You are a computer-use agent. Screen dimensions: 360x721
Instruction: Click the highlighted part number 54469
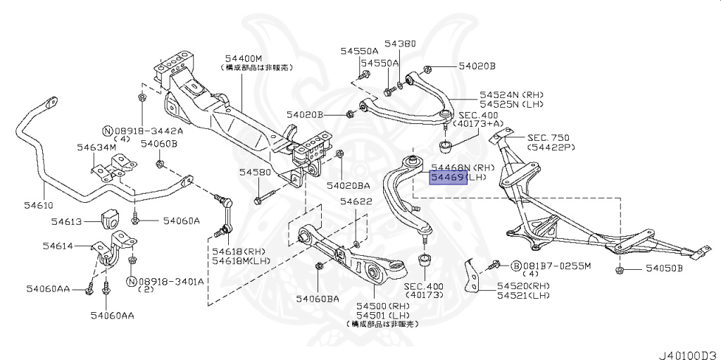pos(447,178)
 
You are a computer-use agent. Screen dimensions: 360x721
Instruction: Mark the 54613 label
pos(68,221)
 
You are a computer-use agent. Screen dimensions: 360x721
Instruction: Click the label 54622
pos(356,201)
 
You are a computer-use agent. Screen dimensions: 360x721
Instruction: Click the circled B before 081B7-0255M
pos(515,266)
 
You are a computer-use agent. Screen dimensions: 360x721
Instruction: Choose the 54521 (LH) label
pos(523,297)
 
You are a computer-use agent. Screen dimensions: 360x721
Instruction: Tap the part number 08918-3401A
pos(170,281)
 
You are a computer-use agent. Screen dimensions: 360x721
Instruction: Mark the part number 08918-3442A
pos(149,131)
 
